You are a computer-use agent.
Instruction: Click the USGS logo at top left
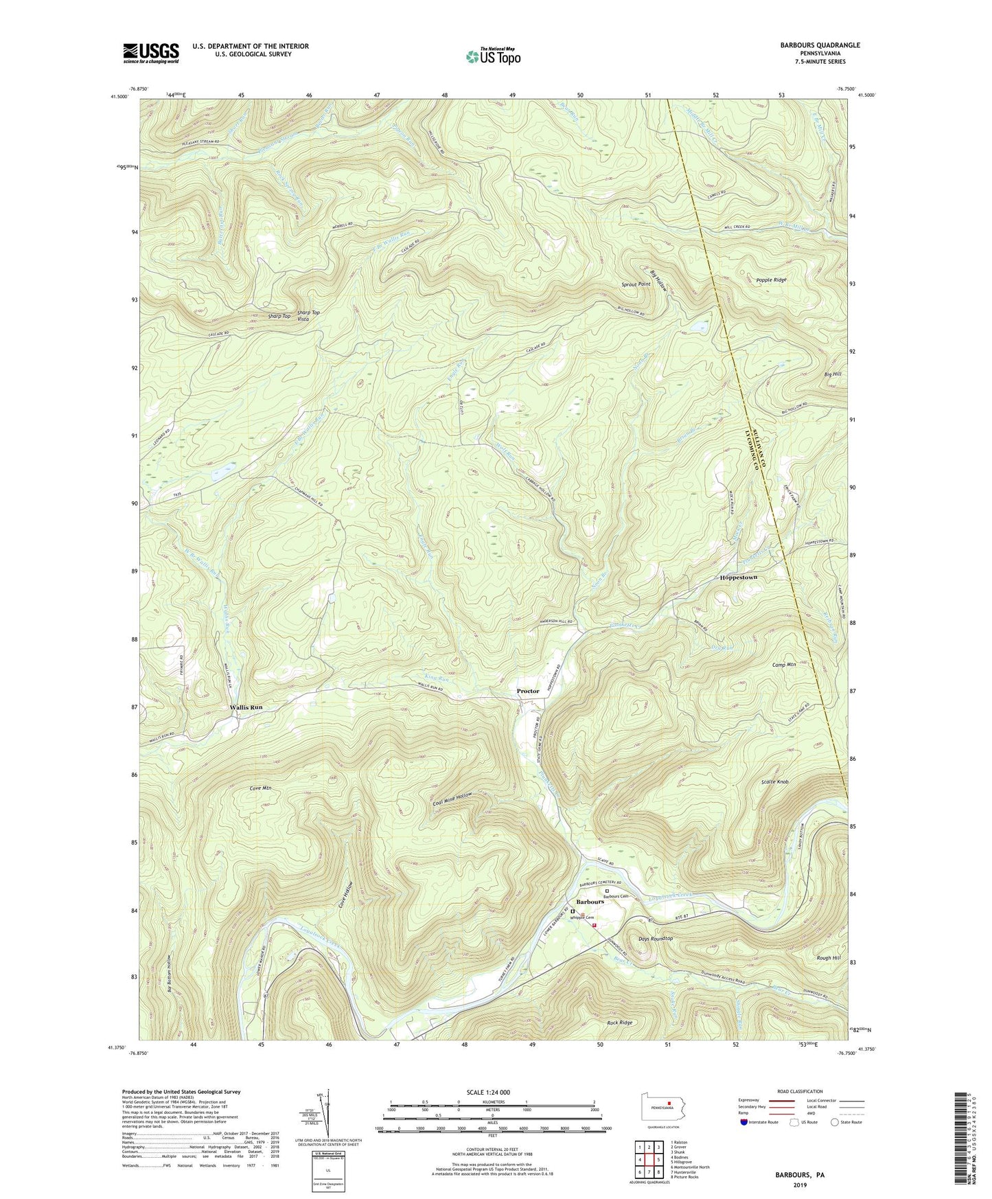tap(150, 53)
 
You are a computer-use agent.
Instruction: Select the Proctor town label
tap(528, 691)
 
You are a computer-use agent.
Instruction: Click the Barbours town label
tap(590, 900)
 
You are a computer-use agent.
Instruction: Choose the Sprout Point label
tap(635, 284)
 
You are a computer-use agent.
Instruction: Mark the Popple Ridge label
tap(771, 279)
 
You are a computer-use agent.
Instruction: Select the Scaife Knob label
tap(774, 781)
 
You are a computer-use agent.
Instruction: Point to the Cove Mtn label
tap(258, 788)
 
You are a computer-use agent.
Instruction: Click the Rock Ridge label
tap(619, 1022)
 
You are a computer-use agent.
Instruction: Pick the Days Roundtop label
tap(655, 938)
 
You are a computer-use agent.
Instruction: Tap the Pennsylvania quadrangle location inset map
tap(663, 1108)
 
